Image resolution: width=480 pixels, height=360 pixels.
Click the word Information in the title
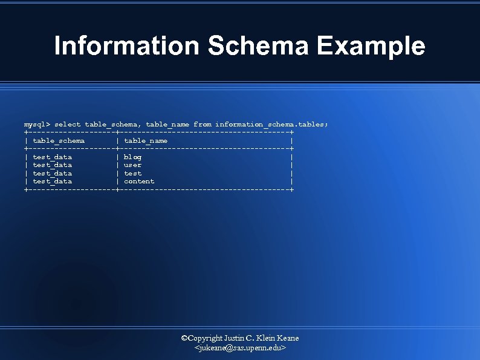coord(126,46)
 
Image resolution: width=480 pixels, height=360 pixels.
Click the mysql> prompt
coord(37,124)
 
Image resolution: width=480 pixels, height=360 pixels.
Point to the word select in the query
coord(67,124)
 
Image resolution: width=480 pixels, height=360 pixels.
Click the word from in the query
coord(202,124)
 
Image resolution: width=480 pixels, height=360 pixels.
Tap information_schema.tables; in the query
coord(271,124)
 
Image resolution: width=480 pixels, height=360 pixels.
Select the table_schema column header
coord(59,140)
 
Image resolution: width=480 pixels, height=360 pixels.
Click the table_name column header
coord(146,140)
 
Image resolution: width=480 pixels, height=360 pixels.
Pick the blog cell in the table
coord(132,157)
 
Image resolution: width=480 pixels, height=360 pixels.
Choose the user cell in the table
coord(132,165)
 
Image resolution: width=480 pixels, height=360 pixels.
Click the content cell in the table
coord(139,181)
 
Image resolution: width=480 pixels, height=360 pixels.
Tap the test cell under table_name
coord(132,173)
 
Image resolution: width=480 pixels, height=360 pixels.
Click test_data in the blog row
coord(52,157)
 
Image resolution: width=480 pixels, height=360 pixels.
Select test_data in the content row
coord(52,181)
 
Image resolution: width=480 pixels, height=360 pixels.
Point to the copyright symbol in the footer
coord(185,338)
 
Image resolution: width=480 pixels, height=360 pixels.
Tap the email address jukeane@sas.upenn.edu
coord(240,349)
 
